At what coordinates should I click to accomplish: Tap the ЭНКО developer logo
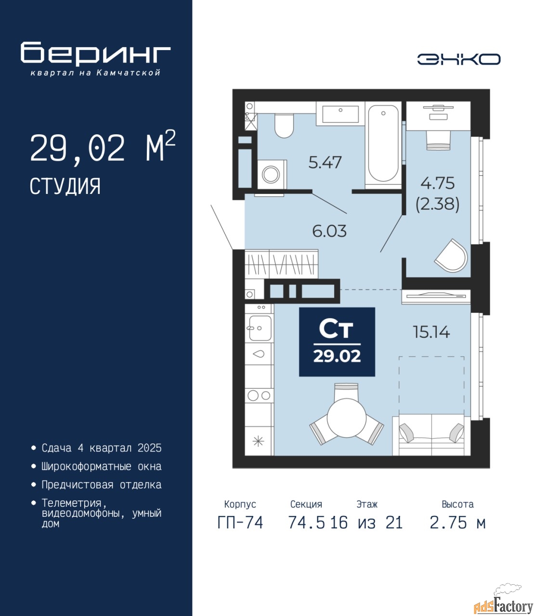coord(458,59)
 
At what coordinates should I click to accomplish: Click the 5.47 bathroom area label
coord(325,163)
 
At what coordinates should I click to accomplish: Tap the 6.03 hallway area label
coord(329,231)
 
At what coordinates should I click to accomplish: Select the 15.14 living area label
coord(431,332)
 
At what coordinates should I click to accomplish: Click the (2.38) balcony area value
coord(437,205)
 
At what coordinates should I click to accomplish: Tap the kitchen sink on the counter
coord(260,328)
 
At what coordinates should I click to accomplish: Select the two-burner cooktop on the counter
coord(259,396)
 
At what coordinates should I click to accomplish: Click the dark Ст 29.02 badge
coord(337,342)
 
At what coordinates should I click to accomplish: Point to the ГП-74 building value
coord(240,523)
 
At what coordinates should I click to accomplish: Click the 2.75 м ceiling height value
coord(457,523)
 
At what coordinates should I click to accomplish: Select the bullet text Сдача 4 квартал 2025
coord(102,448)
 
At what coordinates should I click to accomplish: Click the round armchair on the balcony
coord(451,256)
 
